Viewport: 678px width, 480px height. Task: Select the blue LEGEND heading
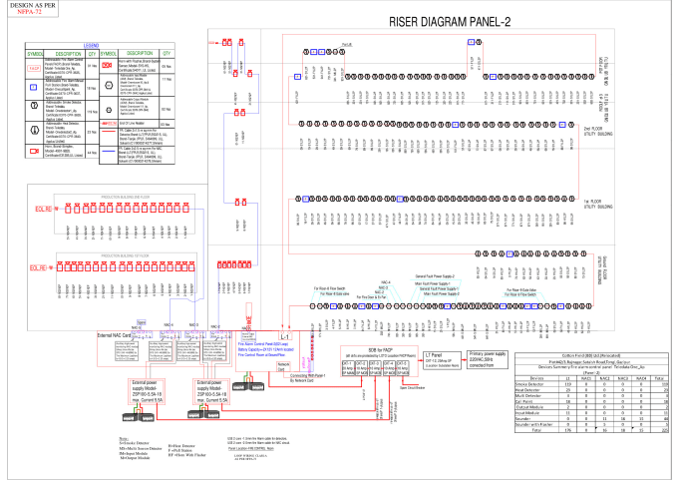coord(91,45)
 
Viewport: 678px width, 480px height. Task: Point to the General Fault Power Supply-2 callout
coord(435,274)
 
